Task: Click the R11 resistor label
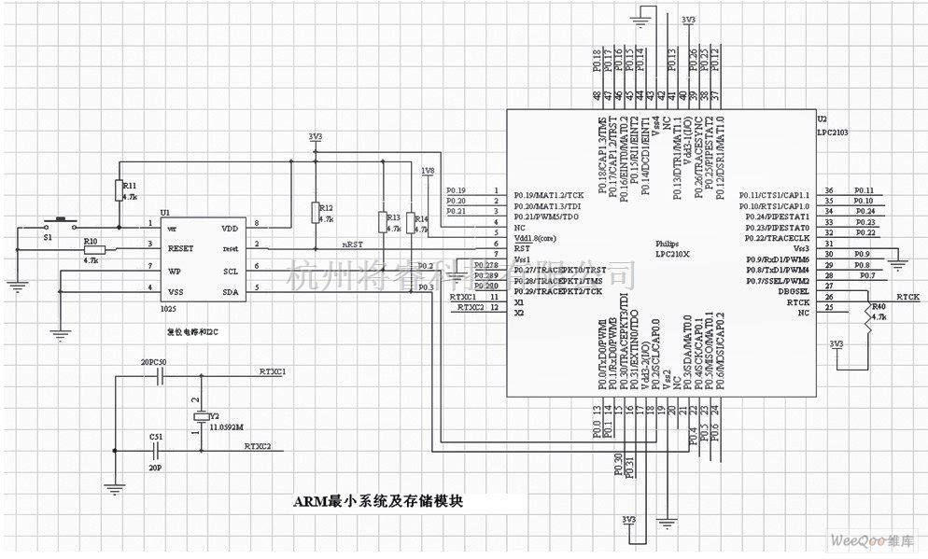coord(130,187)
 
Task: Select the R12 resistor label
coord(326,207)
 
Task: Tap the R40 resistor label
coord(878,306)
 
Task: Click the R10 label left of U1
coord(91,241)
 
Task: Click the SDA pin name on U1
coord(230,291)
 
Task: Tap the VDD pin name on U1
coord(230,228)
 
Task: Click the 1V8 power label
coord(428,171)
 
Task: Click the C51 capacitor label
coord(155,435)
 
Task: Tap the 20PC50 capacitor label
coord(153,361)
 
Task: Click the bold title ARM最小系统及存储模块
coord(378,502)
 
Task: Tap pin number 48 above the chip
coord(597,96)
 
